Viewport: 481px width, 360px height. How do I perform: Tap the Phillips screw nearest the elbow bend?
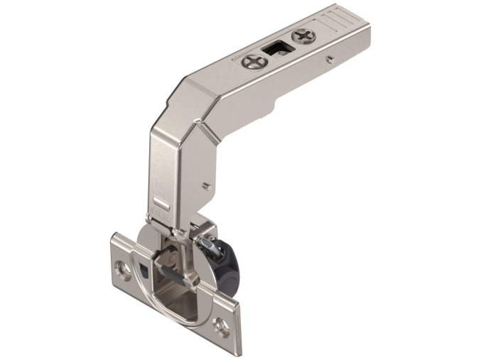point(253,62)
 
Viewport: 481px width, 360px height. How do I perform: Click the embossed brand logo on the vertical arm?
point(161,213)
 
